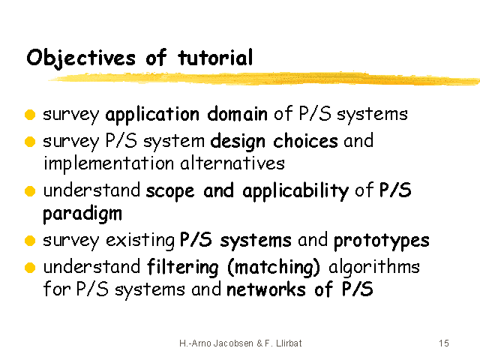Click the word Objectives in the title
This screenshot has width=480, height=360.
point(81,58)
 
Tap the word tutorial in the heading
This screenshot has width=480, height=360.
point(215,57)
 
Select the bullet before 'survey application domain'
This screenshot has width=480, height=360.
point(30,115)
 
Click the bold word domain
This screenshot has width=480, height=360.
point(237,114)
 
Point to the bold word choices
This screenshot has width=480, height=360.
point(305,141)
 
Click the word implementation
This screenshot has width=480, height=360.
point(109,163)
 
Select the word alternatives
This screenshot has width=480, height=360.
point(232,163)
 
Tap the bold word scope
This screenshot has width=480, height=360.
point(170,191)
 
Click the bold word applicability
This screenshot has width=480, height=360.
point(295,191)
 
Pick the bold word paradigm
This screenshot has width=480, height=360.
point(82,214)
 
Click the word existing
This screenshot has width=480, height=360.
point(140,241)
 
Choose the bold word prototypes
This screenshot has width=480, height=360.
point(382,241)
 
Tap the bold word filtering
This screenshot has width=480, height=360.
point(183,267)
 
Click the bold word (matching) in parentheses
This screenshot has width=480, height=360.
point(274,267)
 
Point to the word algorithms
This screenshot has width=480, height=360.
point(374,267)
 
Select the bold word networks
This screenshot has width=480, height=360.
point(266,289)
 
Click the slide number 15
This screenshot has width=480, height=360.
point(444,343)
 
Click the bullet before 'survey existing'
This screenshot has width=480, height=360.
point(30,241)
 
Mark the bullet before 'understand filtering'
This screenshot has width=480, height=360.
point(30,267)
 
